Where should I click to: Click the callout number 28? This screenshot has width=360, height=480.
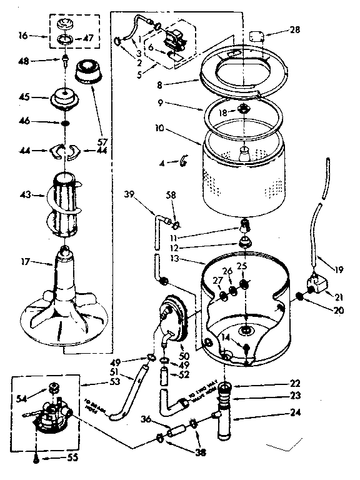click(x=294, y=30)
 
